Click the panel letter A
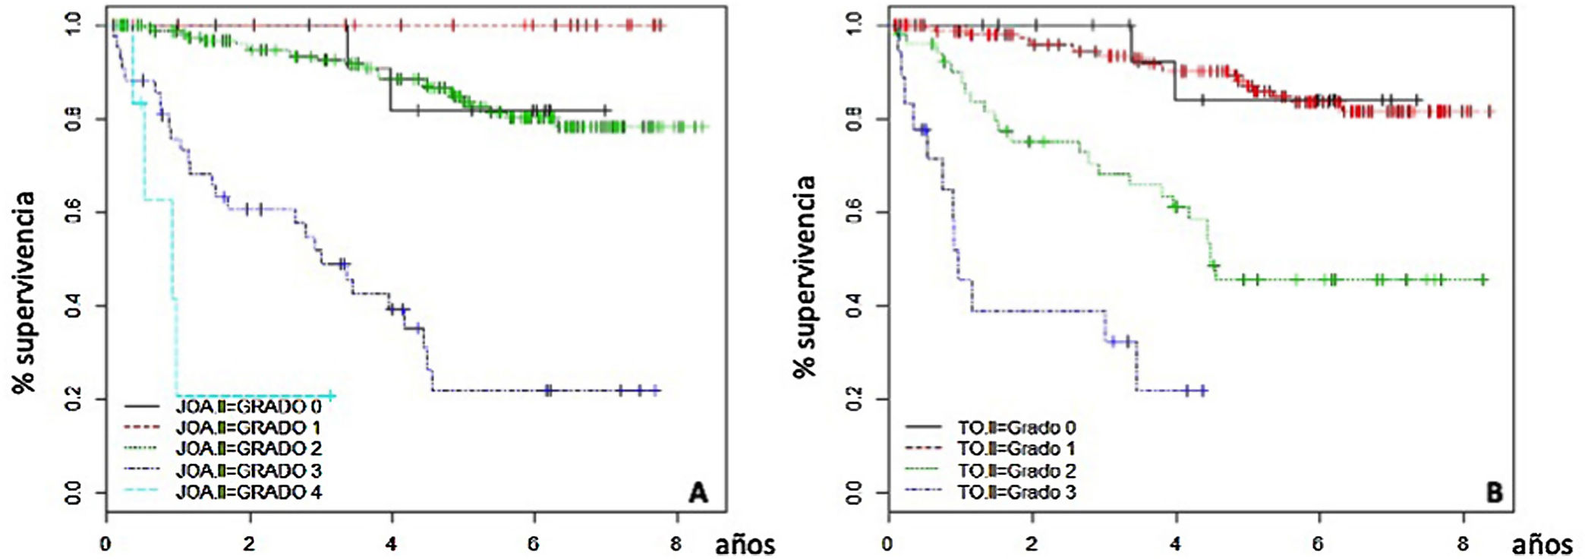pos(698,493)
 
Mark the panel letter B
pos(1494,493)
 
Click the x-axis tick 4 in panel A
pos(391,544)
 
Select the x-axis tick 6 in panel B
pos(1318,544)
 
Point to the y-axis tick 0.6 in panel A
pos(74,212)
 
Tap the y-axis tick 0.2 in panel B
pos(855,399)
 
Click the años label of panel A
pos(745,544)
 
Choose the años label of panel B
pos(1542,544)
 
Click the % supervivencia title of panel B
pos(804,276)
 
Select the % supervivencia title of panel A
pos(24,292)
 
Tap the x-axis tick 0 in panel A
pos(106,544)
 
